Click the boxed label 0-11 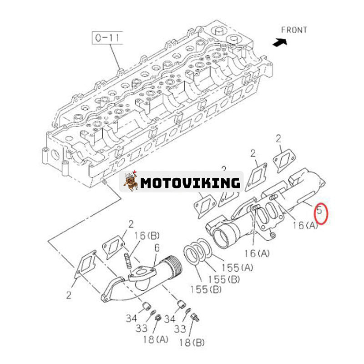coord(107,38)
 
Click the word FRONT coord(293,30)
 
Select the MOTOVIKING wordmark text coord(190,183)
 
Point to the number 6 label coord(157,248)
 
